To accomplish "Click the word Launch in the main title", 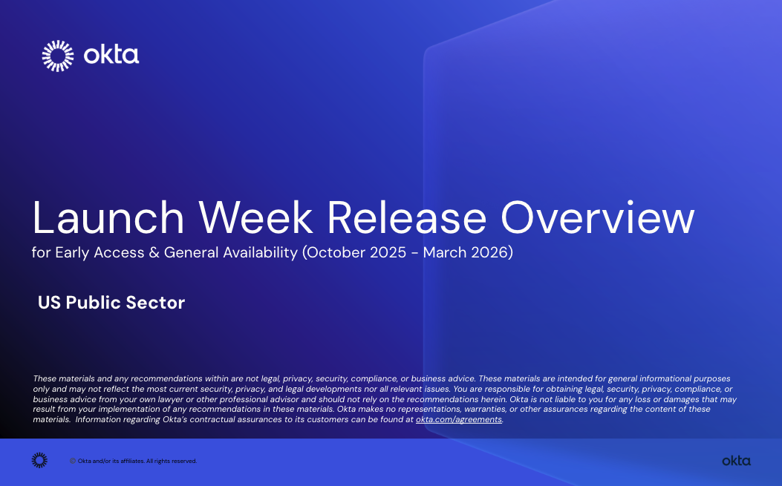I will pyautogui.click(x=108, y=218).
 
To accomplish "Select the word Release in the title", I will pyautogui.click(x=406, y=218).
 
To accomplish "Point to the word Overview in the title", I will pyautogui.click(x=597, y=218).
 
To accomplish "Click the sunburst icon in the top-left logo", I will pyautogui.click(x=58, y=56).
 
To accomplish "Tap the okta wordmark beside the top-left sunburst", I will pyautogui.click(x=111, y=56).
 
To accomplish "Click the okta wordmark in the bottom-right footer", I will pyautogui.click(x=736, y=461).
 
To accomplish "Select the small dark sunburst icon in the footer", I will pyautogui.click(x=39, y=461).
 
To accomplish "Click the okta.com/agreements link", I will pyautogui.click(x=459, y=419).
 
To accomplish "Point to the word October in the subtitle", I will pyautogui.click(x=336, y=252).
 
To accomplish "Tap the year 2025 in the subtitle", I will pyautogui.click(x=388, y=252).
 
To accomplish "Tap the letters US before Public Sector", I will pyautogui.click(x=50, y=303).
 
